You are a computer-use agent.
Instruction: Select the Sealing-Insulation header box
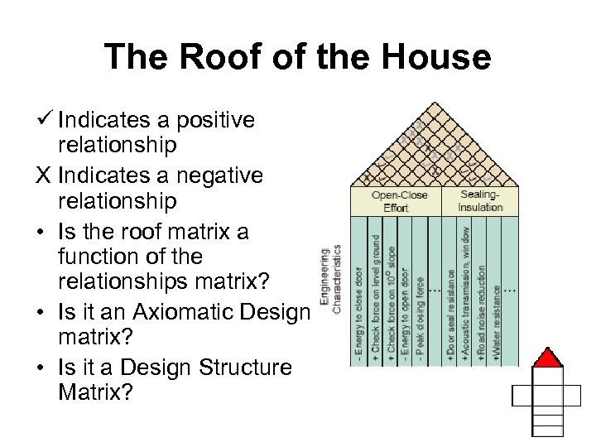480,200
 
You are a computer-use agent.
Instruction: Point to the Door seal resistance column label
451,315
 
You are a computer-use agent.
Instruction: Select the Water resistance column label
496,323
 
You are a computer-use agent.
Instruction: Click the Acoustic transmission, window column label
466,294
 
